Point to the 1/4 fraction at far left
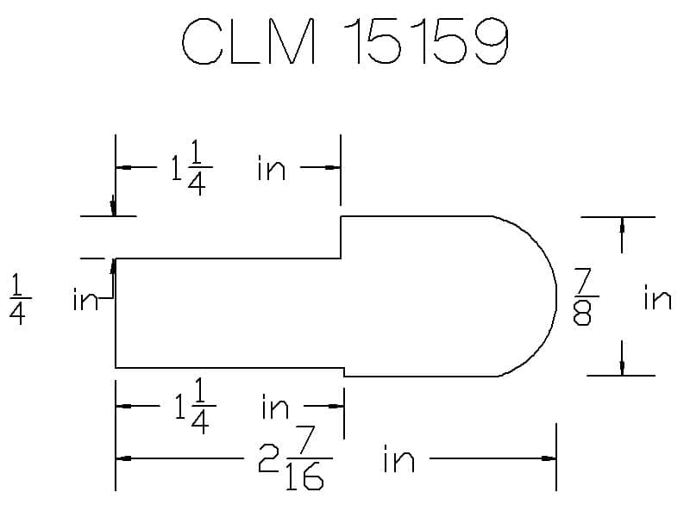click(16, 299)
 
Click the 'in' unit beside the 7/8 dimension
click(656, 298)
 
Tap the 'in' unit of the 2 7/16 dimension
click(398, 460)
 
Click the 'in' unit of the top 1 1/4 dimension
click(271, 168)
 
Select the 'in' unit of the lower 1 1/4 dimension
click(275, 406)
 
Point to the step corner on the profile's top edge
click(342, 217)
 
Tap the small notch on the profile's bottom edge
click(344, 371)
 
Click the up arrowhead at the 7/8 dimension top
click(622, 224)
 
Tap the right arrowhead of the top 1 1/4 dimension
click(335, 168)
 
